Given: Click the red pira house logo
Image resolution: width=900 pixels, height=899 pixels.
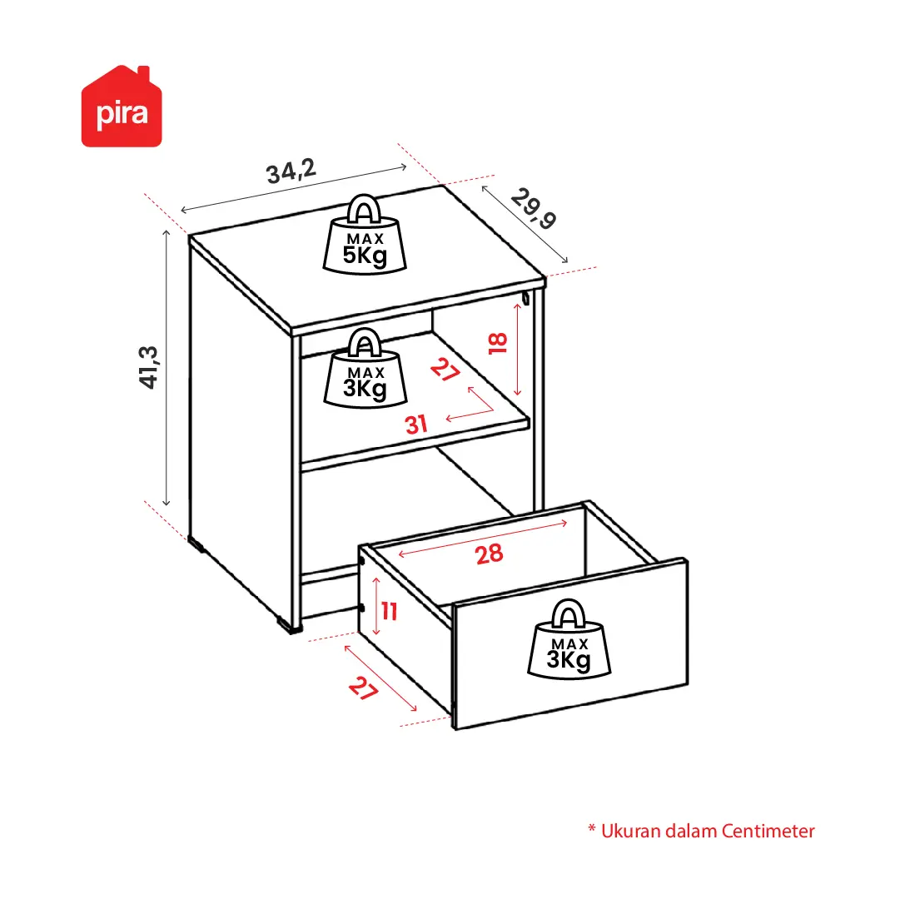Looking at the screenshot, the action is (x=122, y=107).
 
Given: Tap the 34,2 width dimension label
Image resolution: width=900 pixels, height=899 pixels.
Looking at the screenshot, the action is (x=291, y=171).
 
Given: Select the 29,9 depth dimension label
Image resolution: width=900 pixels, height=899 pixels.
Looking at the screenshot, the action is (x=534, y=208).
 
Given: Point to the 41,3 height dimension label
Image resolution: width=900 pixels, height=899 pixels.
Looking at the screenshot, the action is (x=149, y=367).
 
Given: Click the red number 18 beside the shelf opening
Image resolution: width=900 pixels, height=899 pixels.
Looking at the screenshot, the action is (x=498, y=343).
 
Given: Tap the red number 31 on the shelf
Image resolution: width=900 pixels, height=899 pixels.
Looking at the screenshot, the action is (x=416, y=425).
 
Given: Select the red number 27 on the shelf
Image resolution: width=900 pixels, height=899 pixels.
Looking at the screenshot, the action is (x=445, y=370).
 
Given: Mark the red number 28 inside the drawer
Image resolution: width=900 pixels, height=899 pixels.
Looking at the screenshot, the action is (x=489, y=554).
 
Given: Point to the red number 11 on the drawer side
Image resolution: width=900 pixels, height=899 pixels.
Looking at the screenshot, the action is (x=390, y=611).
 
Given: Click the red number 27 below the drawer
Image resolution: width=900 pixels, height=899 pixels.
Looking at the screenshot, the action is (x=363, y=688).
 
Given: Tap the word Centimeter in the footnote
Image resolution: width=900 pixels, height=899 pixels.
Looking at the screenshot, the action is (x=768, y=831).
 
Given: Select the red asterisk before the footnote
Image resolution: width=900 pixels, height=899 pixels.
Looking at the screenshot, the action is (x=592, y=828).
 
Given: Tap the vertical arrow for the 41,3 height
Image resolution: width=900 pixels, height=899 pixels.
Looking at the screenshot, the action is (x=167, y=368).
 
